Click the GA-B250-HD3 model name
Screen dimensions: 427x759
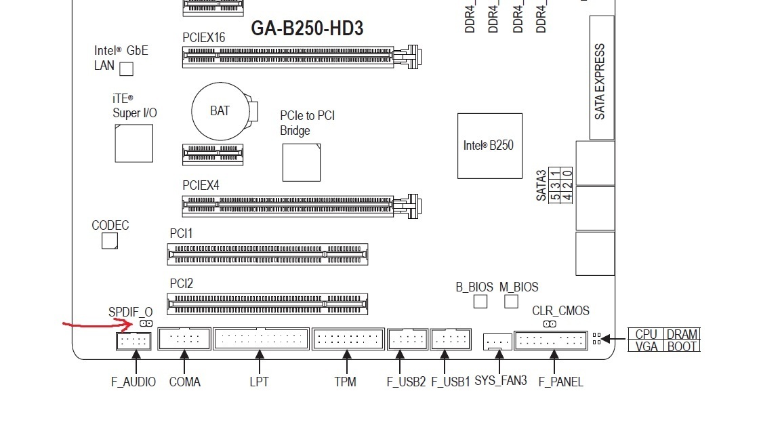[307, 28]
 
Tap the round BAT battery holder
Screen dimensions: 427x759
[220, 111]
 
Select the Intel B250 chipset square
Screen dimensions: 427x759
[489, 146]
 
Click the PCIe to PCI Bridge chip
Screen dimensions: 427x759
[301, 163]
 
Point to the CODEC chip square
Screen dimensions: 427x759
[110, 241]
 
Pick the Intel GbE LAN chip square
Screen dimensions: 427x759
[126, 68]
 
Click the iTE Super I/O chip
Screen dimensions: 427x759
[134, 143]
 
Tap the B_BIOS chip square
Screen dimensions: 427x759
[480, 302]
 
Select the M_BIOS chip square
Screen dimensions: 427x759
[511, 302]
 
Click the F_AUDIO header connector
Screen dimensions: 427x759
[134, 342]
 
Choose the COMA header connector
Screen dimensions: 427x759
[184, 338]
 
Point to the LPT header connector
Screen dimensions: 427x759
[261, 338]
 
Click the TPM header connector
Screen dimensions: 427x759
[348, 339]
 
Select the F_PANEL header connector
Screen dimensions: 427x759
[550, 340]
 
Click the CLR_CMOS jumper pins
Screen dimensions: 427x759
[550, 324]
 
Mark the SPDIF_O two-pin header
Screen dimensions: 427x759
[146, 323]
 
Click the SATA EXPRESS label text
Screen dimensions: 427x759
[600, 81]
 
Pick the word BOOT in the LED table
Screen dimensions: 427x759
[682, 346]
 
